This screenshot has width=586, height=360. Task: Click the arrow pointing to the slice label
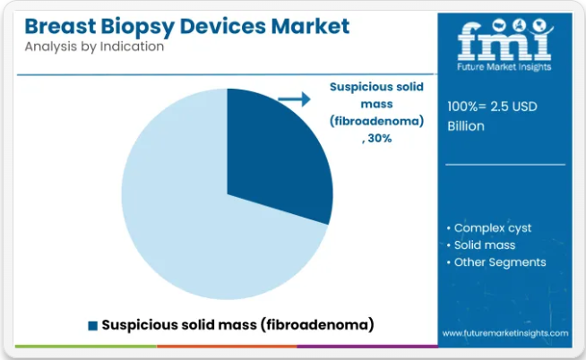[295, 99]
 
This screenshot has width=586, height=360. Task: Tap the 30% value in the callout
[380, 139]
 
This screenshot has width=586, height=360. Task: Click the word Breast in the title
[61, 26]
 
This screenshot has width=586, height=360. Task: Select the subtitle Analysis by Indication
[94, 47]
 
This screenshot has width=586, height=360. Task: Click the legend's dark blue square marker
[92, 326]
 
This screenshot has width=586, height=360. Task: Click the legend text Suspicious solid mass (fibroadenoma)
[237, 325]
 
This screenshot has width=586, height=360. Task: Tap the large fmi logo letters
[504, 39]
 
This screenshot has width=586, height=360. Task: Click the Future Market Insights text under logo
[504, 67]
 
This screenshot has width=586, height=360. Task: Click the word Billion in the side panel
[466, 126]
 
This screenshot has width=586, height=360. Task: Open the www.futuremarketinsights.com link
[505, 333]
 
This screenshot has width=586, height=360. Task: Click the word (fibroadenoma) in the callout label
[376, 121]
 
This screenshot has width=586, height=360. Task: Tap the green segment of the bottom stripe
[86, 347]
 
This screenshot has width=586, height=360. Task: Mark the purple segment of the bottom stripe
[367, 347]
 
